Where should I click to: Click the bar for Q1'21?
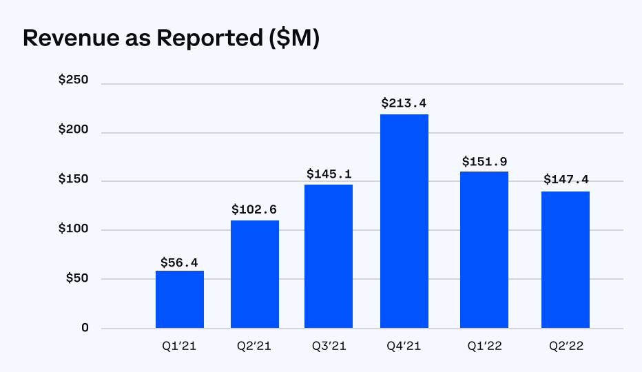click(x=180, y=299)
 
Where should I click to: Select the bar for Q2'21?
click(x=255, y=274)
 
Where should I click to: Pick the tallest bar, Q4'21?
click(x=404, y=221)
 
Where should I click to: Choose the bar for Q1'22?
click(x=484, y=249)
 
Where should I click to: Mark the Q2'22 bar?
click(x=565, y=260)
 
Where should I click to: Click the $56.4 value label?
click(x=180, y=262)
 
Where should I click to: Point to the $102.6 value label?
click(x=255, y=209)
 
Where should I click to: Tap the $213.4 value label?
click(x=404, y=103)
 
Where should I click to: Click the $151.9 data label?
click(x=484, y=161)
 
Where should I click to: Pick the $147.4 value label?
click(x=565, y=180)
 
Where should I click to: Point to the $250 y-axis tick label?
click(x=74, y=80)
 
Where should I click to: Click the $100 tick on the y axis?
click(x=74, y=229)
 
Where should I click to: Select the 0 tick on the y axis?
click(x=85, y=328)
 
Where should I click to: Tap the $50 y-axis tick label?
click(x=76, y=278)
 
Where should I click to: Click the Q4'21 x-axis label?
click(x=404, y=348)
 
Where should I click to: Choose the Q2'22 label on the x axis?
click(x=565, y=348)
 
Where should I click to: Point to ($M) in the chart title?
click(x=292, y=39)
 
